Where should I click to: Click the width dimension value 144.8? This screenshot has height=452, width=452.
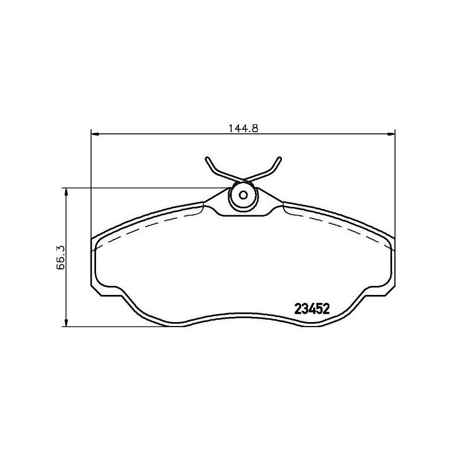point(243,128)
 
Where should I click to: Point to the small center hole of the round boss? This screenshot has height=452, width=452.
point(244,195)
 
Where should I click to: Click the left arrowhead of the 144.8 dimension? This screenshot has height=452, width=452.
point(95,134)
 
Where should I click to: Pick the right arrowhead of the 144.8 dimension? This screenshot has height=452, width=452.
point(390,134)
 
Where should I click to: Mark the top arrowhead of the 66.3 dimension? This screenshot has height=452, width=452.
point(67,192)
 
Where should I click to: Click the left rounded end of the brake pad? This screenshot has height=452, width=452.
point(94,263)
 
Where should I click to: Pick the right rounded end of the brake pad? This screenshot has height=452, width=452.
point(393,263)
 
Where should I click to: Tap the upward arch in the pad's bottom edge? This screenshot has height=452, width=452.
point(243,315)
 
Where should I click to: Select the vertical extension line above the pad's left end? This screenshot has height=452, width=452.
point(92,181)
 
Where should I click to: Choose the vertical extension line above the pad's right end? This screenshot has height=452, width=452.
point(395,181)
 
